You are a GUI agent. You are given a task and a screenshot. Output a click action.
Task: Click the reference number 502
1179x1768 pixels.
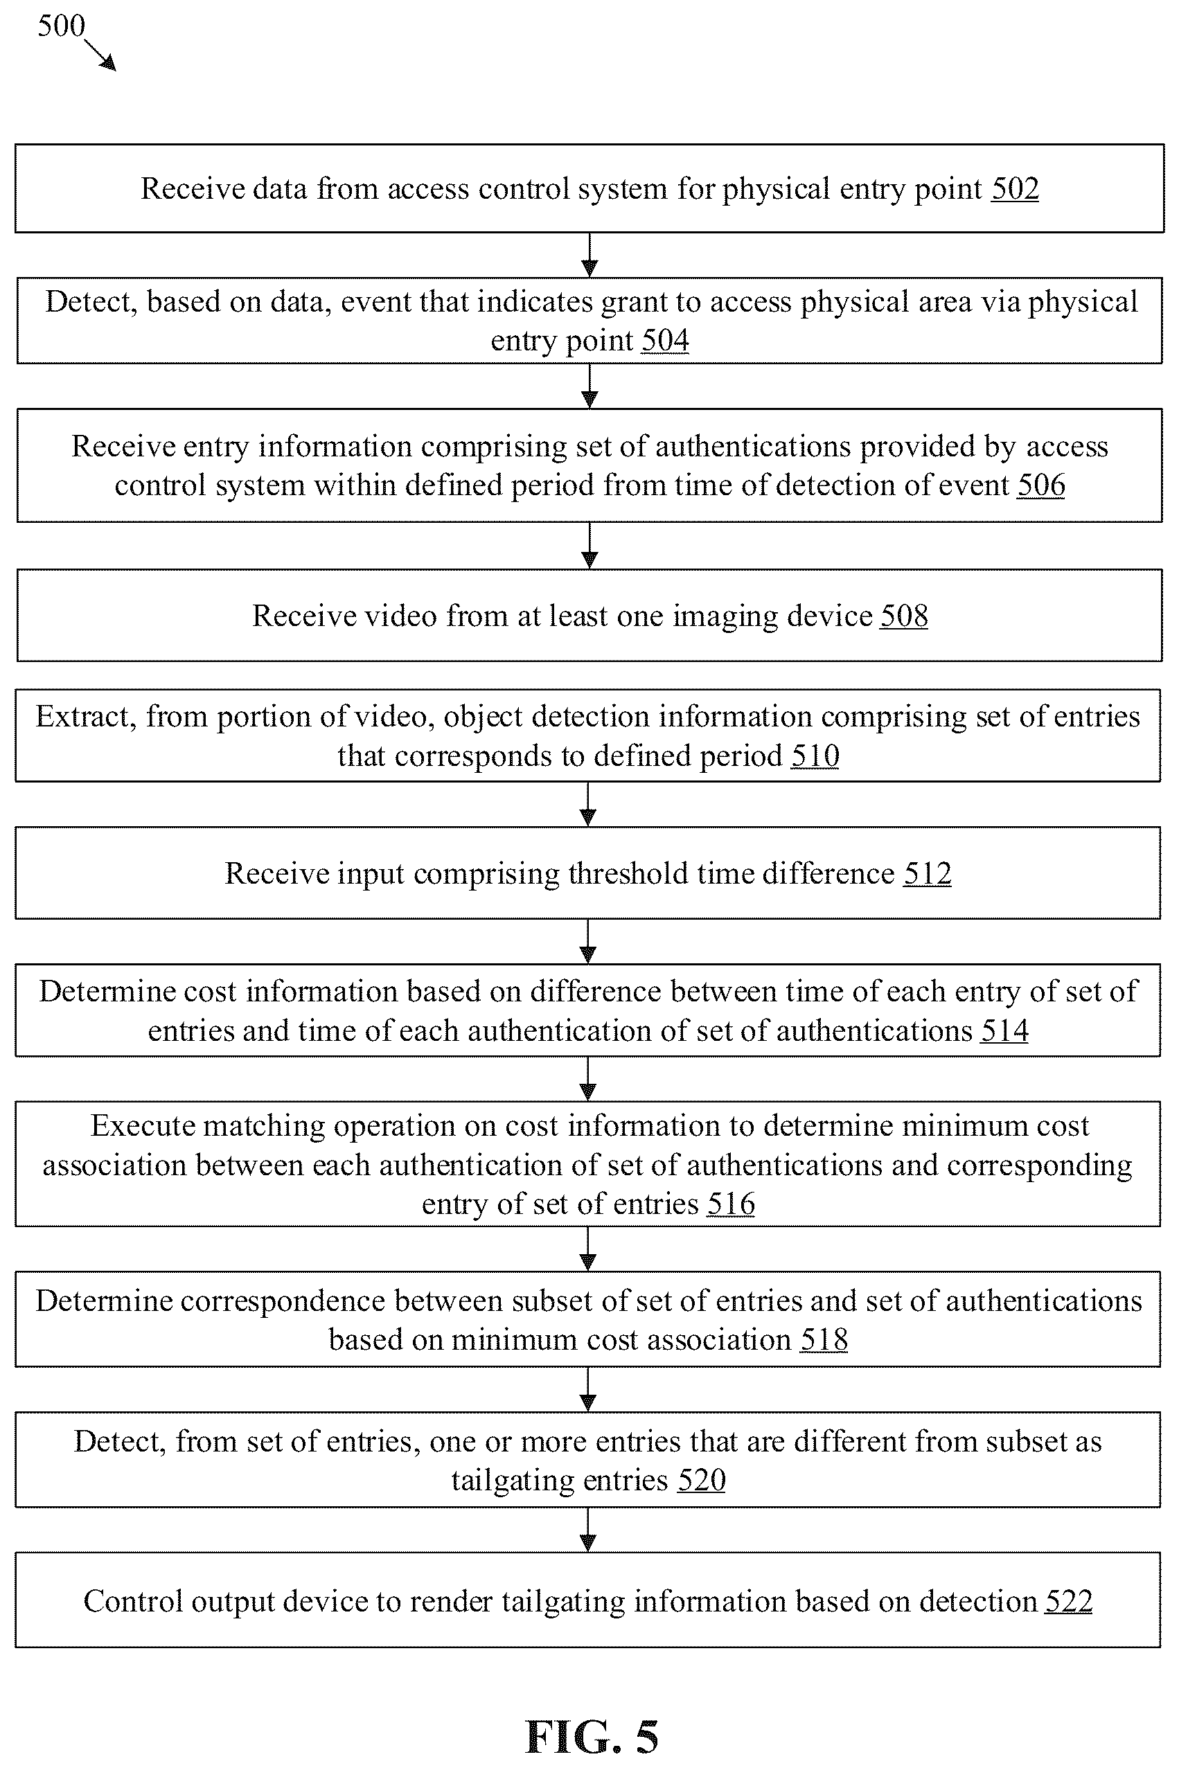(1015, 188)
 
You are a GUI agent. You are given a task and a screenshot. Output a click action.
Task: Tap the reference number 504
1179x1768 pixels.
(665, 341)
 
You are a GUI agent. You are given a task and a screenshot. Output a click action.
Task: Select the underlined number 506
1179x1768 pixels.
(1040, 485)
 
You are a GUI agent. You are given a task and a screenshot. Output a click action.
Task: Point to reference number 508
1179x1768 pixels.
(904, 616)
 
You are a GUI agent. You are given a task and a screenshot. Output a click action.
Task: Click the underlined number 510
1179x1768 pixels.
(815, 756)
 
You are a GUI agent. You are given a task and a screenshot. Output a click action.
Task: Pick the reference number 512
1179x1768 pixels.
(927, 873)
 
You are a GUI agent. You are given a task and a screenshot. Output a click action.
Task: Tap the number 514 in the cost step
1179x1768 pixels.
(1004, 1030)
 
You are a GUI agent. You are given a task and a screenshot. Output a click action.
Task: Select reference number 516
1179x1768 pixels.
(731, 1204)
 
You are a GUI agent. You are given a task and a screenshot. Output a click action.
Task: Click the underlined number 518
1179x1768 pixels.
(824, 1339)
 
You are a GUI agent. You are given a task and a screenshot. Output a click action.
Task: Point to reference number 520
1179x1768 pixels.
(702, 1480)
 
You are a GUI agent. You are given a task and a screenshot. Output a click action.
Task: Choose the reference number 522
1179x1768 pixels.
(1068, 1601)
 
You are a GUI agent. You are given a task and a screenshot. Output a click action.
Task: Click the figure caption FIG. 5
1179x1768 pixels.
(592, 1736)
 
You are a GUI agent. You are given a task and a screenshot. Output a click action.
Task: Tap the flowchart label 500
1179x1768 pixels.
(61, 26)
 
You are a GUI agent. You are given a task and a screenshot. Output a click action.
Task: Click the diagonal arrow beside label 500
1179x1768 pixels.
(100, 55)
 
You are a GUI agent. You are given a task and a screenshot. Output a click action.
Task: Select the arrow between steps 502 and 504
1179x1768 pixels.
(589, 255)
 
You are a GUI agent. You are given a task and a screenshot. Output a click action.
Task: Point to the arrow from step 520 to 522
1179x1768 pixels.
(588, 1530)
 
